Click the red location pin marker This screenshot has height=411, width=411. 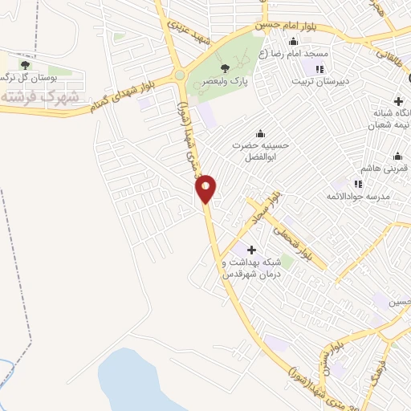[x=206, y=189]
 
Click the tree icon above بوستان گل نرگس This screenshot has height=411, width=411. [x=25, y=64]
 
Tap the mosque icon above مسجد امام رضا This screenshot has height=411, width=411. [x=293, y=42]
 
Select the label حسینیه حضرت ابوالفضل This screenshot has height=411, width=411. [x=259, y=152]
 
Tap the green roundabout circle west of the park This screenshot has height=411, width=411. [x=179, y=75]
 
